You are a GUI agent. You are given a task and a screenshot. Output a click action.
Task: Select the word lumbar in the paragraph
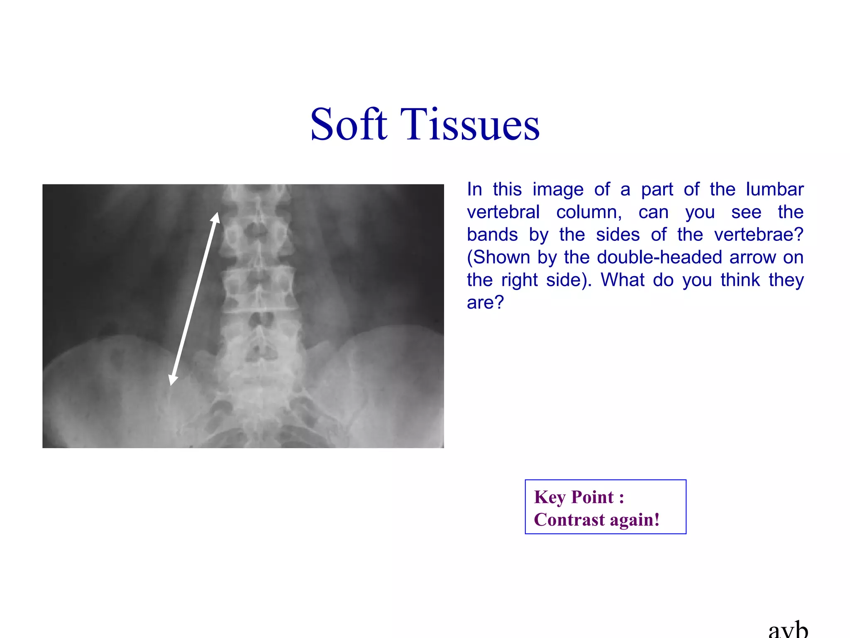coord(774,189)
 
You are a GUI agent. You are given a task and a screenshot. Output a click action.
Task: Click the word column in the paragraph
coord(589,212)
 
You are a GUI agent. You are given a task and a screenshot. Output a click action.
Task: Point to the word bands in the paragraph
coord(492,235)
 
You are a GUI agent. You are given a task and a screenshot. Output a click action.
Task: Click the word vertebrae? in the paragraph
coord(759,235)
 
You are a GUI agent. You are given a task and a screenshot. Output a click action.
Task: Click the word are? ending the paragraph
coord(485,302)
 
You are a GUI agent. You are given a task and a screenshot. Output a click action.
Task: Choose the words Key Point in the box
coord(574,497)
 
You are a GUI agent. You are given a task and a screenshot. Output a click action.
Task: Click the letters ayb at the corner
coord(788,630)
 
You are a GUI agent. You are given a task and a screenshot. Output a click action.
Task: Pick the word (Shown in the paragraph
coord(498,258)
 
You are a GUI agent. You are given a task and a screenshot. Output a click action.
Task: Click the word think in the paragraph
coord(740,280)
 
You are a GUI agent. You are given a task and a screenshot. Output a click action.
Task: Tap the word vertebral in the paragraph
coord(503,212)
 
